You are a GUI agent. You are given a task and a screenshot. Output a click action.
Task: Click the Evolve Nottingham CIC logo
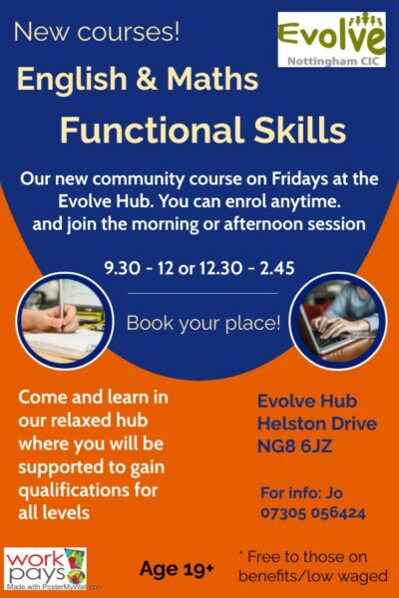click(x=331, y=39)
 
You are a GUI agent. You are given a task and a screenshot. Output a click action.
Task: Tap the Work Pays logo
click(x=46, y=569)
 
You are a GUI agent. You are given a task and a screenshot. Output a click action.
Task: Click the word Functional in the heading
click(x=152, y=130)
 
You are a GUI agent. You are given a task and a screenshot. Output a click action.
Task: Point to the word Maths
click(x=212, y=79)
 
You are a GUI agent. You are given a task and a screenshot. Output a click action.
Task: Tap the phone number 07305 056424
click(x=313, y=513)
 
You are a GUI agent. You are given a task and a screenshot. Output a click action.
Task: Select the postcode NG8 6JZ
click(x=295, y=447)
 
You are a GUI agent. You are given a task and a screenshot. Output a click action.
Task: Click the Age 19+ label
click(x=177, y=569)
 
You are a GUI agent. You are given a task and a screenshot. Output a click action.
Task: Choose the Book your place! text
click(x=203, y=323)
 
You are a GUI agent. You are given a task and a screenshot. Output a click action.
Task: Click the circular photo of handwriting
click(x=65, y=321)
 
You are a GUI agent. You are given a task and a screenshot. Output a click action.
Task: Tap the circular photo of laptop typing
click(x=338, y=321)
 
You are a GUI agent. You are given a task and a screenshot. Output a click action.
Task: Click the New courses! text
click(x=97, y=32)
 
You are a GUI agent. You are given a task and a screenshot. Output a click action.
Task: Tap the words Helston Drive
click(x=317, y=424)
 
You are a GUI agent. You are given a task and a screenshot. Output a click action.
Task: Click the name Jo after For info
click(x=334, y=492)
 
